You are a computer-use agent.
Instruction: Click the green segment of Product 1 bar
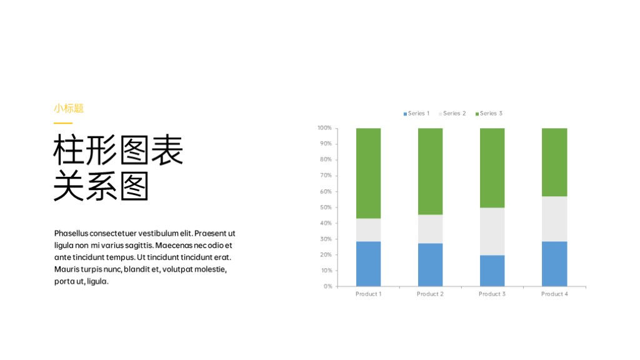pos(368,173)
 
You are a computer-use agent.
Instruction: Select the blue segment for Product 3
pos(492,271)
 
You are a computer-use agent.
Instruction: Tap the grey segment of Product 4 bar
pos(554,219)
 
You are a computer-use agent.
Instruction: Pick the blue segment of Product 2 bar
pos(430,264)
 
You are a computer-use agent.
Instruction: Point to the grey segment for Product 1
pos(368,230)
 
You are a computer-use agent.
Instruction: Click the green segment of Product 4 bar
pos(554,162)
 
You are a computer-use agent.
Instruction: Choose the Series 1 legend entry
pos(416,114)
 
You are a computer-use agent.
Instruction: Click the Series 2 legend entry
pos(452,114)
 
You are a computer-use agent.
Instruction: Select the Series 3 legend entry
pos(489,114)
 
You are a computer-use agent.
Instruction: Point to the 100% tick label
pos(324,127)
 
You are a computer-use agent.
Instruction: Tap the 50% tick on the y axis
pos(326,207)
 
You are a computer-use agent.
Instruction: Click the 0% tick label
pos(327,286)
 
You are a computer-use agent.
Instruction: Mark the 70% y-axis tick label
pos(326,176)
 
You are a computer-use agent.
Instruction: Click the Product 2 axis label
pos(430,294)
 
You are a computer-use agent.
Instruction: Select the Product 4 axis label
pos(554,294)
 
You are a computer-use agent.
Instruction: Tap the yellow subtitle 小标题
pos(69,108)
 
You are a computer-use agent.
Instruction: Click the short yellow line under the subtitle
pos(63,123)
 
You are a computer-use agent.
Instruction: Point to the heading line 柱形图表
pos(118,150)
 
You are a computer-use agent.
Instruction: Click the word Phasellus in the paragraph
pos(71,234)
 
